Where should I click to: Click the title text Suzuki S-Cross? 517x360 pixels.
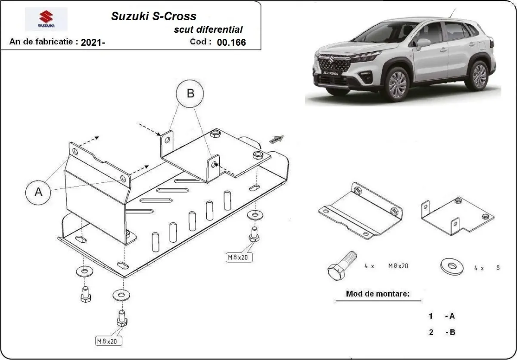tap(154, 16)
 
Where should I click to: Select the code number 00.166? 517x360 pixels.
tap(231, 42)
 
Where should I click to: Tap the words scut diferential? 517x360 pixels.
tap(208, 29)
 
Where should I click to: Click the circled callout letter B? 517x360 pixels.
tap(190, 93)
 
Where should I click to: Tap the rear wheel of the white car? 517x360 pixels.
tap(479, 74)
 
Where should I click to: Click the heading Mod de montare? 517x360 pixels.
tap(377, 294)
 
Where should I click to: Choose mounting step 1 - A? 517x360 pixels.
tap(442, 316)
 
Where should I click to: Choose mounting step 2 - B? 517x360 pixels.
tap(442, 332)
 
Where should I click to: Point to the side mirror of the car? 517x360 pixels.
tap(422, 43)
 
